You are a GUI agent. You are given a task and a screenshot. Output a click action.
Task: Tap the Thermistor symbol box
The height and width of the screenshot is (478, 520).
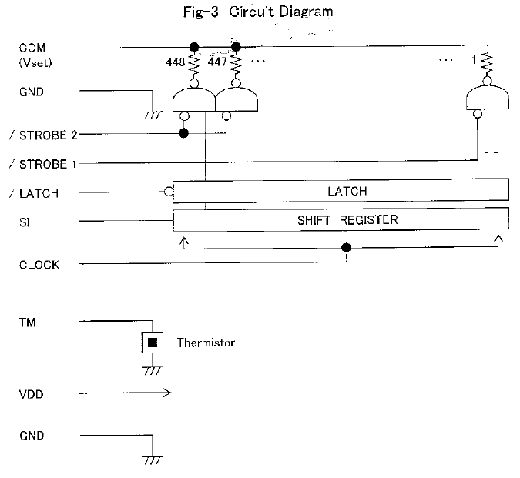[x=153, y=343]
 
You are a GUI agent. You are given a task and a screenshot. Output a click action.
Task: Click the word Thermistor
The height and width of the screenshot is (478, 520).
[x=206, y=343]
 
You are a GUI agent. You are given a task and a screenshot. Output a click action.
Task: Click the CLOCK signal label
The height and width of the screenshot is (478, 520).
[x=39, y=266]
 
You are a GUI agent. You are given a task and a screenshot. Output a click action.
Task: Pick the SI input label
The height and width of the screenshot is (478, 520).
[x=25, y=222]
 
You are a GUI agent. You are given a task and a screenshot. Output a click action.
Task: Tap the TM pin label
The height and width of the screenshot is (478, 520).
[x=27, y=323]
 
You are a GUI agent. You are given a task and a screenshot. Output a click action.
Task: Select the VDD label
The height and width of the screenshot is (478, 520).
[x=31, y=394]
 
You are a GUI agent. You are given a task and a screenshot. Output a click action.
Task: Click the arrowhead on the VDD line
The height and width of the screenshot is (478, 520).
[x=166, y=394]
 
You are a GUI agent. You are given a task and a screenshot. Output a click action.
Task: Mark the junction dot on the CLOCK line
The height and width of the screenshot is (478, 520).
[x=346, y=248]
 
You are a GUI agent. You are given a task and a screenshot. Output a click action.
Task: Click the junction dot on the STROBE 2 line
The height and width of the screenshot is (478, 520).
[x=183, y=133]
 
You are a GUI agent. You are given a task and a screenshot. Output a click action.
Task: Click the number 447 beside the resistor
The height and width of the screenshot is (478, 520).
[x=219, y=63]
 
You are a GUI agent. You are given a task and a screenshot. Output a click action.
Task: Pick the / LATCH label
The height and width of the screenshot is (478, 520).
[x=39, y=193]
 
